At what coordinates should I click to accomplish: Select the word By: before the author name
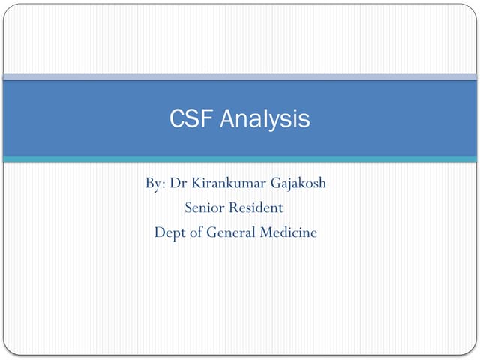(x=155, y=184)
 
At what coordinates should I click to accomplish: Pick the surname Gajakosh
(x=299, y=184)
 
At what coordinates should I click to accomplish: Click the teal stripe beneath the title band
(x=240, y=159)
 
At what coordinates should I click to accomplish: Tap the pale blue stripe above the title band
(x=240, y=76)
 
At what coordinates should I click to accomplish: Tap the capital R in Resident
(x=236, y=208)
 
